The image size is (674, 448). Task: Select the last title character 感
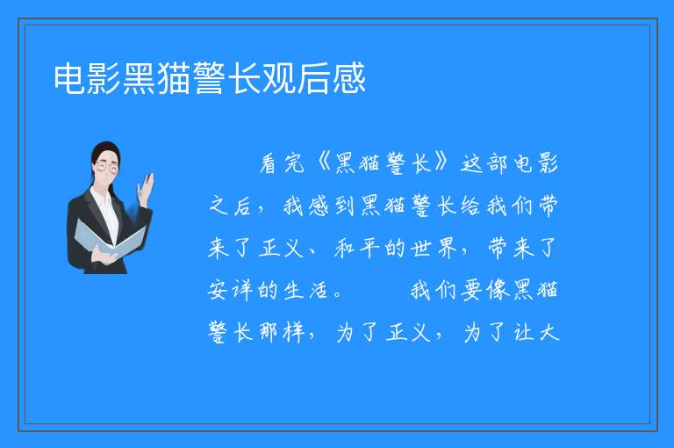tap(349, 78)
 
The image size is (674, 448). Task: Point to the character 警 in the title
tap(210, 78)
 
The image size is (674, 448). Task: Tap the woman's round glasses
tap(107, 166)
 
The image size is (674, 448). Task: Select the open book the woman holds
tap(110, 239)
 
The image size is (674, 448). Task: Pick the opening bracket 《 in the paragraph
tap(319, 163)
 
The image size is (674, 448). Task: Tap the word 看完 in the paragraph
tap(283, 163)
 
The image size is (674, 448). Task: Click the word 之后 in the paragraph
tap(231, 206)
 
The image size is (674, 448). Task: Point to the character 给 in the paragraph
tap(470, 206)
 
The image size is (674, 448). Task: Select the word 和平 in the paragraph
tap(357, 248)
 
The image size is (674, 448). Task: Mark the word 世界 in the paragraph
tap(433, 248)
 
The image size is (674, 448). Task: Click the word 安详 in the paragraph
tap(231, 290)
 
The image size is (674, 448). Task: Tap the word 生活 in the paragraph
tap(306, 290)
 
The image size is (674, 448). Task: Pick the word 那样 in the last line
tap(282, 332)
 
